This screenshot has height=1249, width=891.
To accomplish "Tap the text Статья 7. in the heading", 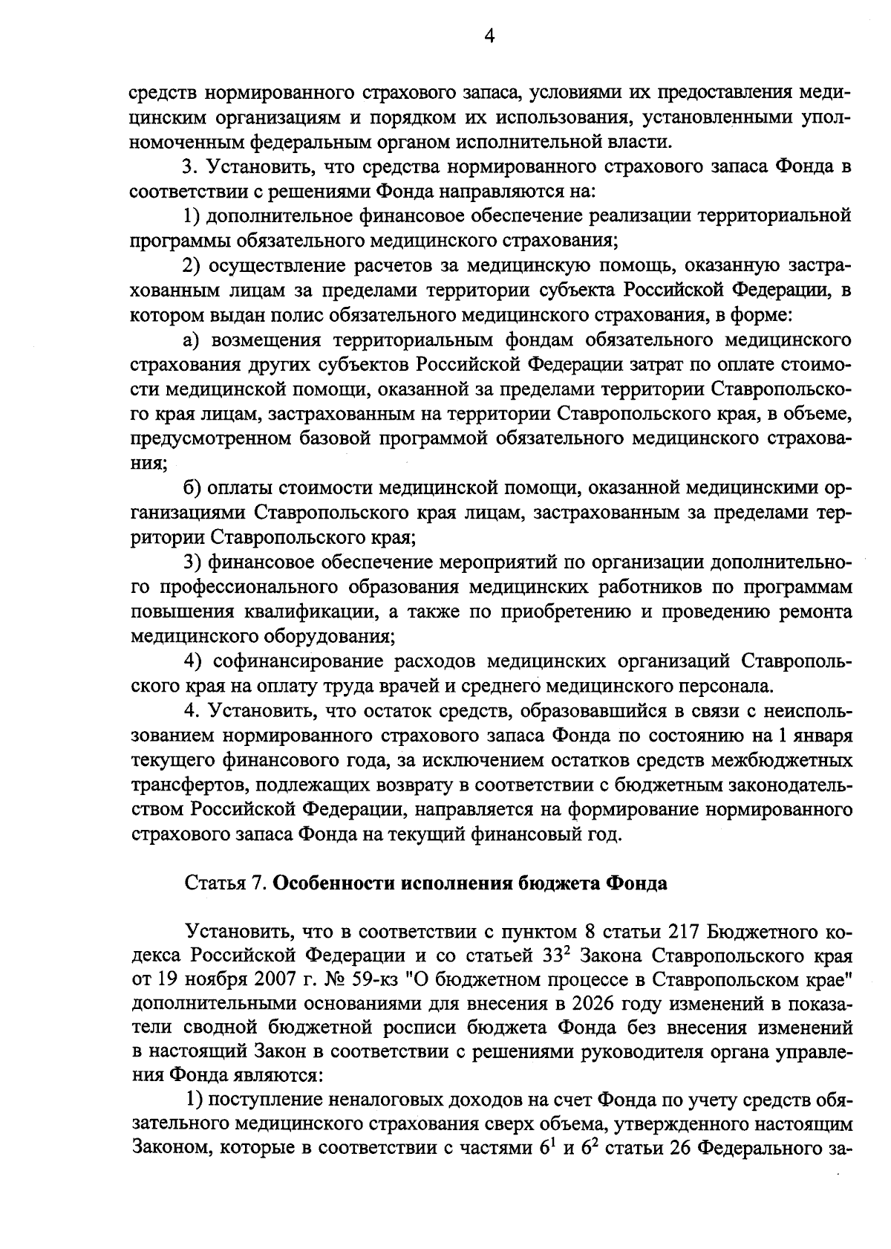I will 225,883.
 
